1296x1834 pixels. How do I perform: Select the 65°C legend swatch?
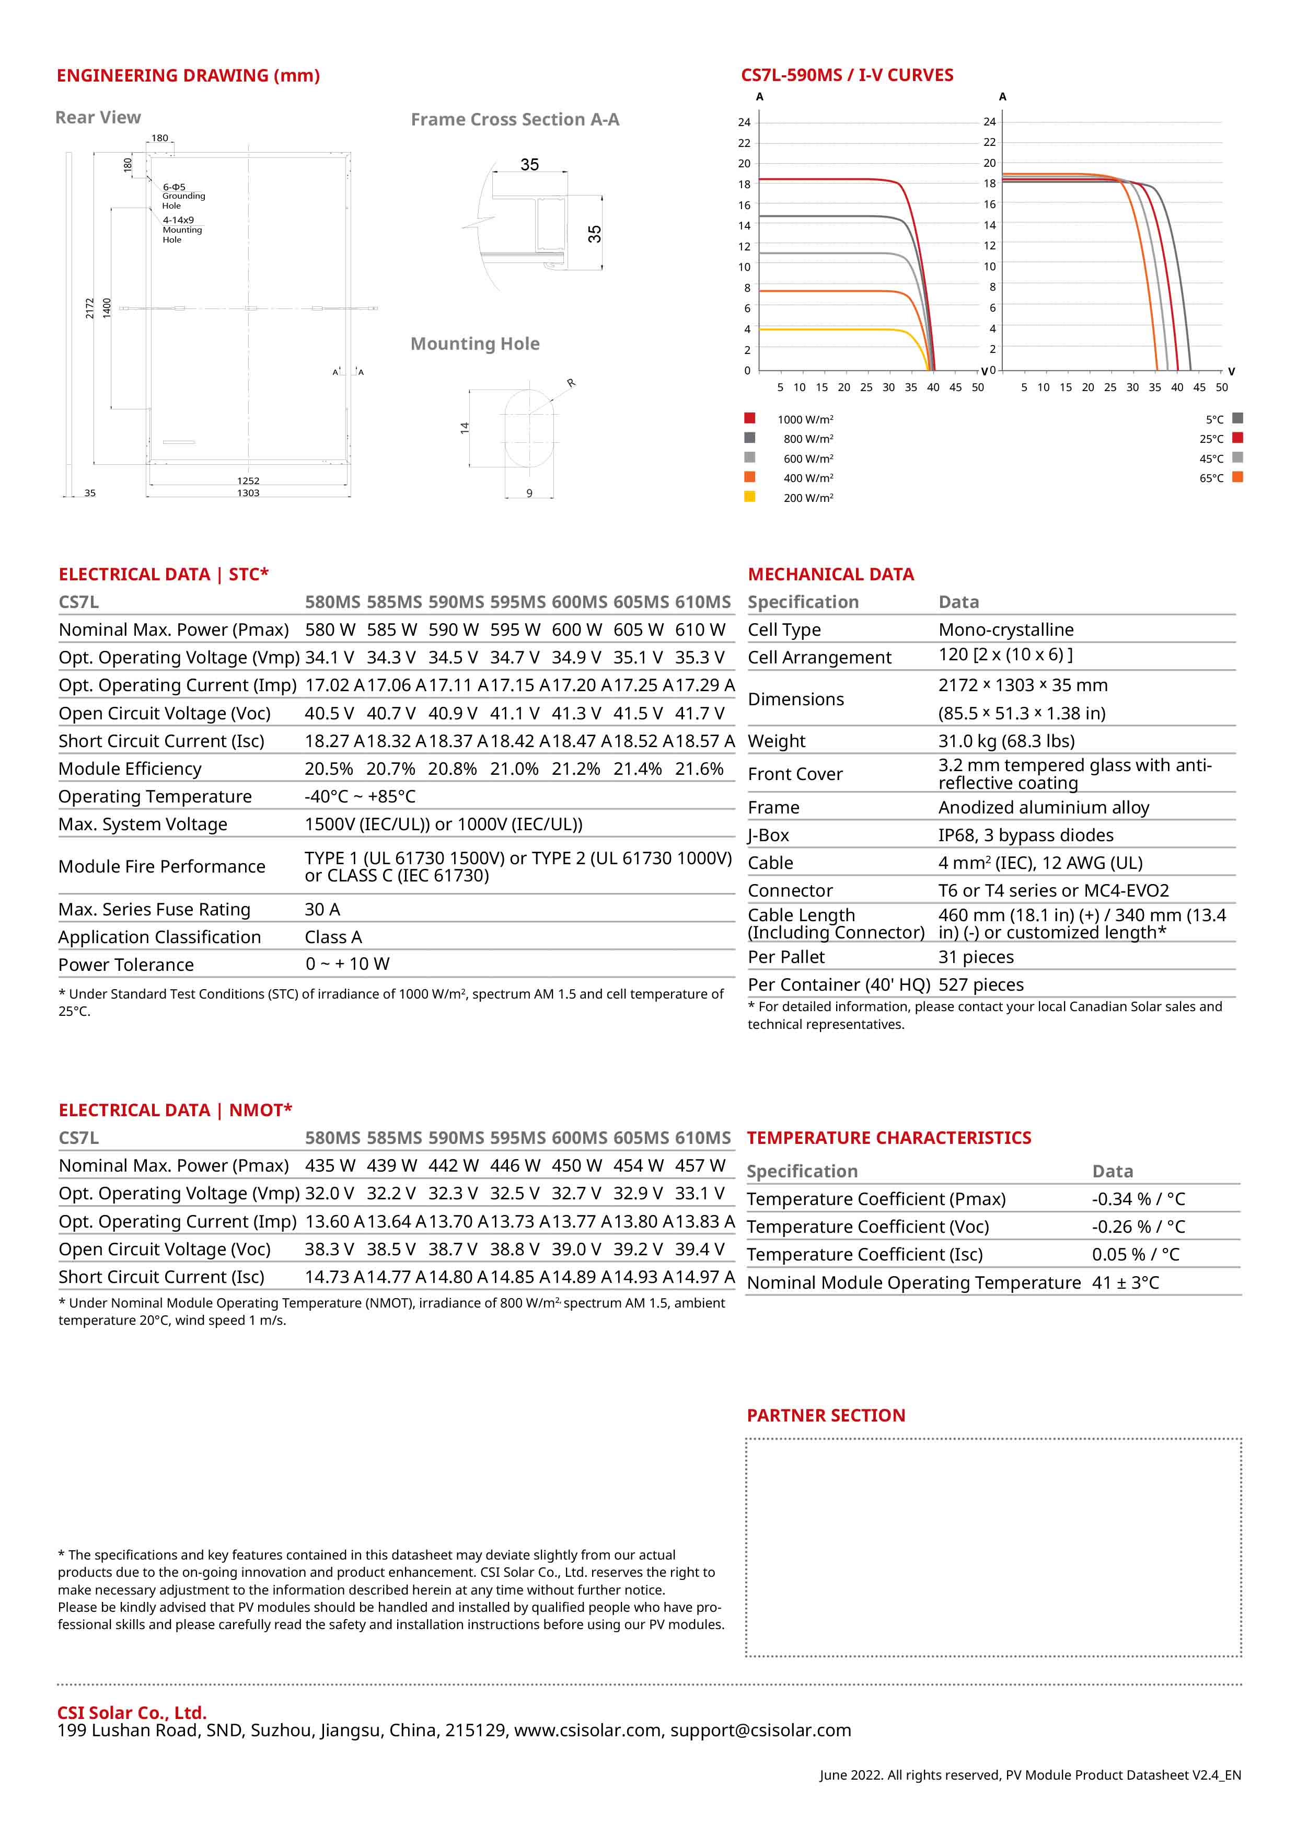point(1237,477)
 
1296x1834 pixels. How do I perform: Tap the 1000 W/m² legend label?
point(805,419)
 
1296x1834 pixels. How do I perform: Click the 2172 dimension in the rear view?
point(89,308)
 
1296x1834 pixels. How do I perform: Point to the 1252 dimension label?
point(248,481)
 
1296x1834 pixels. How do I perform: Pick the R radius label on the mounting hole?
point(571,383)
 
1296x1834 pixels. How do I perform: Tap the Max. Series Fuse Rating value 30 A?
point(322,909)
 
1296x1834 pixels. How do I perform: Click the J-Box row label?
point(768,835)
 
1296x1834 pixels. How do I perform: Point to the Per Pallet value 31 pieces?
point(976,957)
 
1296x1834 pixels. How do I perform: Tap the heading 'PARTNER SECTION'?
point(826,1415)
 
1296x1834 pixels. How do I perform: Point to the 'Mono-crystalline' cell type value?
point(1005,629)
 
